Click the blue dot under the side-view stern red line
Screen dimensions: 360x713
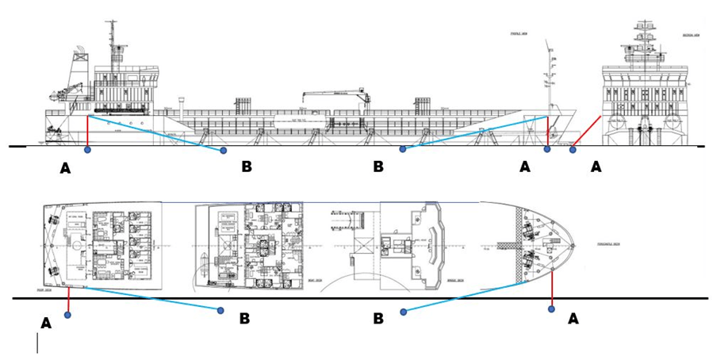tap(87, 149)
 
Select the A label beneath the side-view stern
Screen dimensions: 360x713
tap(65, 168)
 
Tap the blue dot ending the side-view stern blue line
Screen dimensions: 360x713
tap(223, 150)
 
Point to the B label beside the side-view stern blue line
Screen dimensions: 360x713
tap(246, 167)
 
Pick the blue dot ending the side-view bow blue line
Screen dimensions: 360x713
tap(403, 149)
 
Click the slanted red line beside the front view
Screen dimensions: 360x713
tap(587, 132)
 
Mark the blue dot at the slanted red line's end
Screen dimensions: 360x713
tap(573, 149)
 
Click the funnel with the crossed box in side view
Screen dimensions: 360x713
tap(81, 57)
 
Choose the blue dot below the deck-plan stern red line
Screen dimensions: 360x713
tap(68, 315)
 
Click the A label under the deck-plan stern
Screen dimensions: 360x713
tap(46, 323)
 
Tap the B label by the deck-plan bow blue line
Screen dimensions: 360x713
tap(378, 318)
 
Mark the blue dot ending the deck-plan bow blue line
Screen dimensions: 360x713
tap(403, 312)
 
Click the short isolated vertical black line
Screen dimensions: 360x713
tap(37, 343)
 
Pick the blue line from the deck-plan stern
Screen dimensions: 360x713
tap(151, 298)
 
